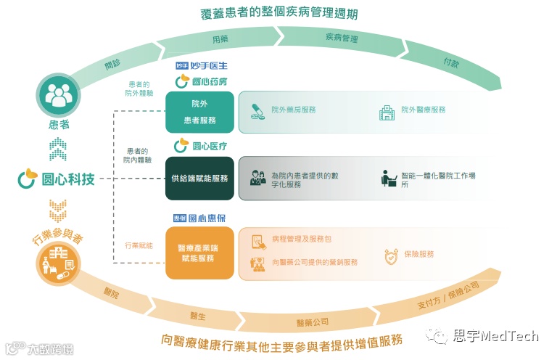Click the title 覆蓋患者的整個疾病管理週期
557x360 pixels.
[x=278, y=13]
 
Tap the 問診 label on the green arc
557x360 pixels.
[x=112, y=64]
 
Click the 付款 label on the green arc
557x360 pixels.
[x=451, y=62]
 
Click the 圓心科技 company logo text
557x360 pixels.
[x=57, y=179]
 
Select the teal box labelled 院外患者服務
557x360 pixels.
[x=200, y=112]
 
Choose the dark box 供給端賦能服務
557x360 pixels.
[x=200, y=179]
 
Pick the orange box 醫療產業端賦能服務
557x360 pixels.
[x=200, y=253]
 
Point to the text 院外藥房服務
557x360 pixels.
[x=294, y=110]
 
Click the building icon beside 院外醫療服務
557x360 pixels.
[x=387, y=112]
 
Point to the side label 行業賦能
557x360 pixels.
[x=139, y=246]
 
